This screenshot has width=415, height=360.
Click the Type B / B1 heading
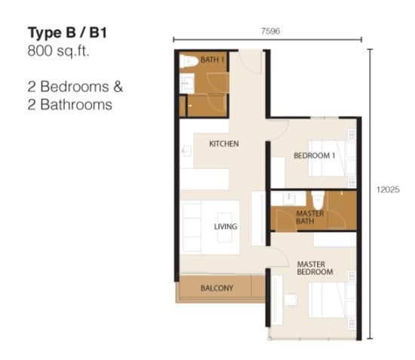pos(67,32)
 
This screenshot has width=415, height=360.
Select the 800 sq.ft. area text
pos(59,51)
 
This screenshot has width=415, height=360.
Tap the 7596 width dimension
pos(270,31)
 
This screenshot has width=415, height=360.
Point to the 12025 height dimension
pos(388,189)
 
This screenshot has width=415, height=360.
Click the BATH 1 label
pos(212,60)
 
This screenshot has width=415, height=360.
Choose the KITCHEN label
pos(224,143)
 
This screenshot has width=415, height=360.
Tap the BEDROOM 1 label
pos(315,155)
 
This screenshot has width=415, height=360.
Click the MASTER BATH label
pos(310,217)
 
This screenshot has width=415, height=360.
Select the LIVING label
pos(226,226)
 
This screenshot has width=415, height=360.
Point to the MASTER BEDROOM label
pos(315,268)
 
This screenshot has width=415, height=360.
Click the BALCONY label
pos(217,288)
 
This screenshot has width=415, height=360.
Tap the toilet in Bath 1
pos(189,62)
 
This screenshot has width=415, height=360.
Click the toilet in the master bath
pos(318,200)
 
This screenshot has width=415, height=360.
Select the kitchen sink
pos(186,151)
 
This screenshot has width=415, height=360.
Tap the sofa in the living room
pos(191,227)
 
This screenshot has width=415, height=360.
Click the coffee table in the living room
pos(225,227)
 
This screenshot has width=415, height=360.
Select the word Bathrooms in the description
pos(76,105)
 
